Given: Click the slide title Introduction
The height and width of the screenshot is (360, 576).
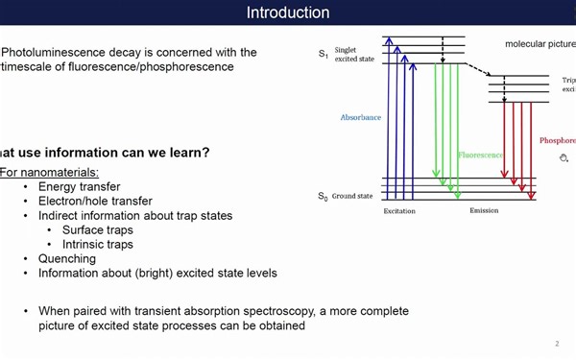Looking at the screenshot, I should click(x=287, y=12).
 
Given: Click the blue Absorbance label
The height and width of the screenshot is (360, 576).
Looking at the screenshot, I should click(x=361, y=117).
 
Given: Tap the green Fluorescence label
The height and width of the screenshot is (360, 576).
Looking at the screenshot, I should click(x=481, y=155).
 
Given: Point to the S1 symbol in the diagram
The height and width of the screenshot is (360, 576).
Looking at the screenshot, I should click(x=323, y=56).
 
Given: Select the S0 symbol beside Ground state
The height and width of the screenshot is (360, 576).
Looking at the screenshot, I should click(x=323, y=197).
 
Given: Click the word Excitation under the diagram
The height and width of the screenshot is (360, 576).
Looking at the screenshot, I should click(x=399, y=211).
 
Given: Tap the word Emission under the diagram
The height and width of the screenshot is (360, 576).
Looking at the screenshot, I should click(x=484, y=211).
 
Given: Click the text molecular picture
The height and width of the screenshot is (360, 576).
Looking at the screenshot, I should click(x=540, y=44).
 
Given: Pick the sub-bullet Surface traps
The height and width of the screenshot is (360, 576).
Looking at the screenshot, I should click(x=97, y=230).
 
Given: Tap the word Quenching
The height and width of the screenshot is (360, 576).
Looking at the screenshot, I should click(x=68, y=258).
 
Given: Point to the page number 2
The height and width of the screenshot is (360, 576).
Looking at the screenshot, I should click(x=557, y=344).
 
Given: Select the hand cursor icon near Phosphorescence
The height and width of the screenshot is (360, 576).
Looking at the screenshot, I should click(x=564, y=157).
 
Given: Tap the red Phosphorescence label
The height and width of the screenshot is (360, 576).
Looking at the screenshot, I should click(x=557, y=140).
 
